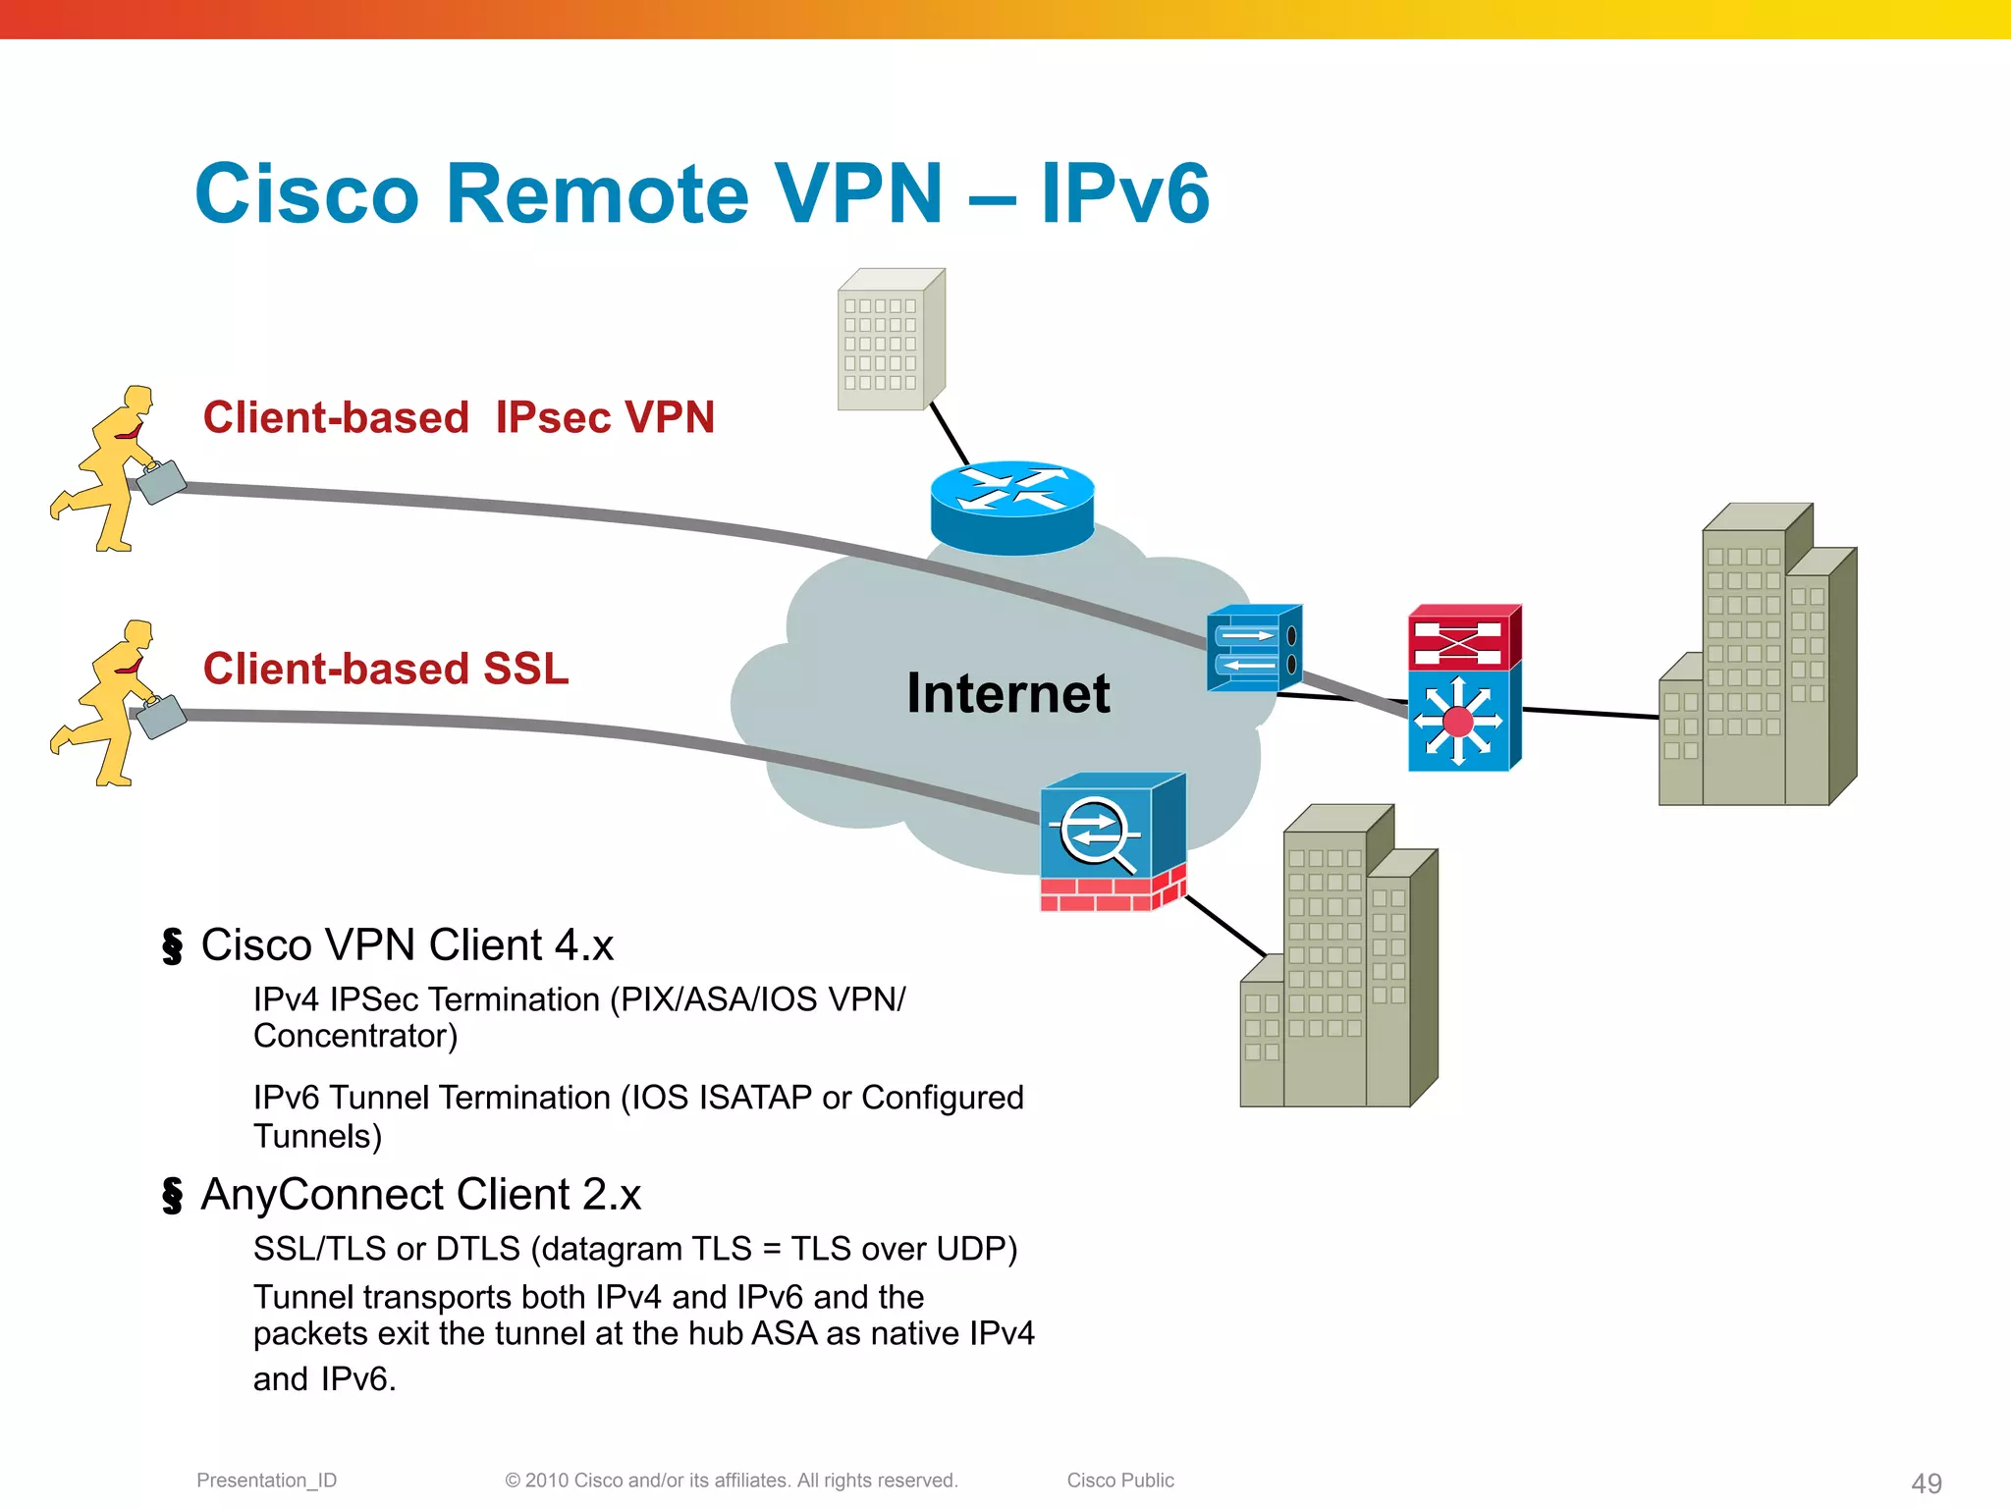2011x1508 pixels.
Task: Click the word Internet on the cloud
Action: (x=1007, y=693)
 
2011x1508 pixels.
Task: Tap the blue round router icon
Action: (x=1012, y=507)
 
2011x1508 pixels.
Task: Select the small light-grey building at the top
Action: (x=889, y=341)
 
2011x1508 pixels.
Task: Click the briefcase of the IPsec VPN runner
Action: (x=161, y=482)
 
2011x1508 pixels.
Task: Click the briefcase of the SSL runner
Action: (x=161, y=716)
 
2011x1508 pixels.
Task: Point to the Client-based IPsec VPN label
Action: (x=459, y=417)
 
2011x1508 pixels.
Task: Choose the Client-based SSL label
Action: (x=386, y=669)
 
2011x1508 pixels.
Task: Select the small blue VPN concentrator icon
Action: (x=1253, y=648)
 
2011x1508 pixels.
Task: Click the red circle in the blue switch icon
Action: (x=1458, y=722)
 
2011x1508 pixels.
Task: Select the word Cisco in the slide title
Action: (x=307, y=193)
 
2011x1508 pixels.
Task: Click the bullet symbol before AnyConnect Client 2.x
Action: (x=173, y=1196)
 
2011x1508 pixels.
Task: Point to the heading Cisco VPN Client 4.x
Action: (x=407, y=945)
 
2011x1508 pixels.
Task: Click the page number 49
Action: (x=1926, y=1482)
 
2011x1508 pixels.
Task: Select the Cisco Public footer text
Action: (x=1119, y=1481)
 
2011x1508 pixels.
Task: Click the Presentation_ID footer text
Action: (x=266, y=1481)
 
